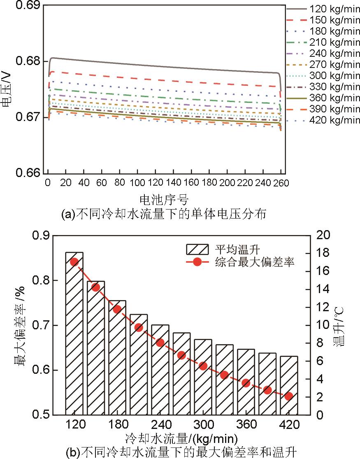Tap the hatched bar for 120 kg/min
coord(74,333)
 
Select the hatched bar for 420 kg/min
coord(288,385)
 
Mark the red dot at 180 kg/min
coord(117,309)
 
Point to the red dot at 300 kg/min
coord(203,366)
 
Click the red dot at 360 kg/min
coord(246,383)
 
